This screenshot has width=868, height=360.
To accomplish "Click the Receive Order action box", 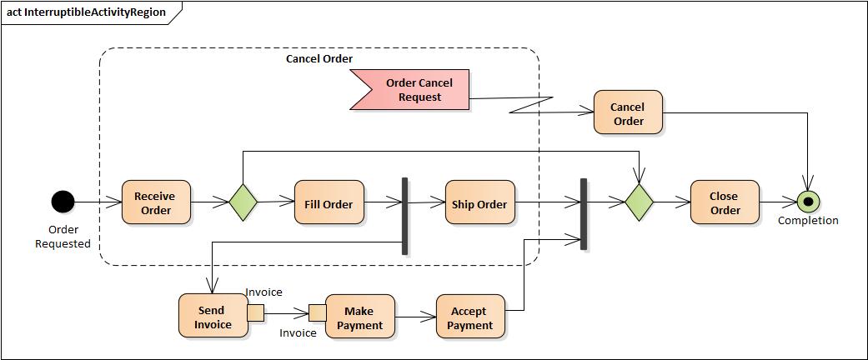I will (156, 202).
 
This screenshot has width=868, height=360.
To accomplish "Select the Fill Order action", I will (329, 202).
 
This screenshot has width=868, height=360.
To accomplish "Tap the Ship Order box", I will (479, 202).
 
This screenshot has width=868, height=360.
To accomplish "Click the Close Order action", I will (725, 202).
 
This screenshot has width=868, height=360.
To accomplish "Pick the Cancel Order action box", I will (628, 112).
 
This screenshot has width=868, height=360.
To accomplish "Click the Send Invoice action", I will (213, 316).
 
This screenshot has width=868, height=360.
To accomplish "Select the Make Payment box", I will (359, 317).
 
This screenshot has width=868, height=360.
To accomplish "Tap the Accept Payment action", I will (469, 317).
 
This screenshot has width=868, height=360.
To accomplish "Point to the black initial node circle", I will (63, 202).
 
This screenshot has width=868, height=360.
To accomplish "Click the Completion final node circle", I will (807, 202).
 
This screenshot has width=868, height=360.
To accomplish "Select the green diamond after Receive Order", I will (243, 202).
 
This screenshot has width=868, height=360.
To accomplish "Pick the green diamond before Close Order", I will (640, 202).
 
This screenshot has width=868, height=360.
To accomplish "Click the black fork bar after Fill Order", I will (404, 216).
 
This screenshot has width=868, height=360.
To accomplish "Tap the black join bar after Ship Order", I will (583, 214).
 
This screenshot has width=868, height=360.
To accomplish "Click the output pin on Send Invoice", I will (256, 312).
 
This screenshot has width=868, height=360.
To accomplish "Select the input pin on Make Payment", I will (317, 312).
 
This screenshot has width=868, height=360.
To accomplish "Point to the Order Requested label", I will (63, 237).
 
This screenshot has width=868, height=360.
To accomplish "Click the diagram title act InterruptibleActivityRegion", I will (86, 12).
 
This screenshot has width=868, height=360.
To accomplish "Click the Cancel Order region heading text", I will (319, 59).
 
